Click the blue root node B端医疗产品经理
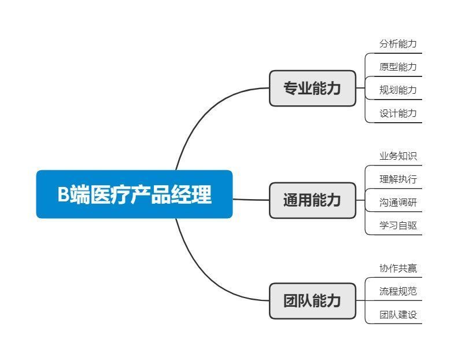[134, 194]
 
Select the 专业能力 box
[312, 88]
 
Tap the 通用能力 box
[312, 200]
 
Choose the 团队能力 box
[312, 300]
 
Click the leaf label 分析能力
[398, 43]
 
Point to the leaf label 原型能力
[398, 67]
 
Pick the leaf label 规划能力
[398, 90]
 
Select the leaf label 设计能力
[398, 113]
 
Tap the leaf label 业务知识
[398, 156]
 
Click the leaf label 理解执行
[398, 179]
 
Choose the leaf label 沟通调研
[398, 202]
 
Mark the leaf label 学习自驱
[398, 225]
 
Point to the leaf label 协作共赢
[398, 268]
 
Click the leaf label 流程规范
[398, 291]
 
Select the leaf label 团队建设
[398, 314]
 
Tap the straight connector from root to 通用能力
[251, 200]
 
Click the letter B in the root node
[63, 194]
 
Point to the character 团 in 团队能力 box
[290, 300]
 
